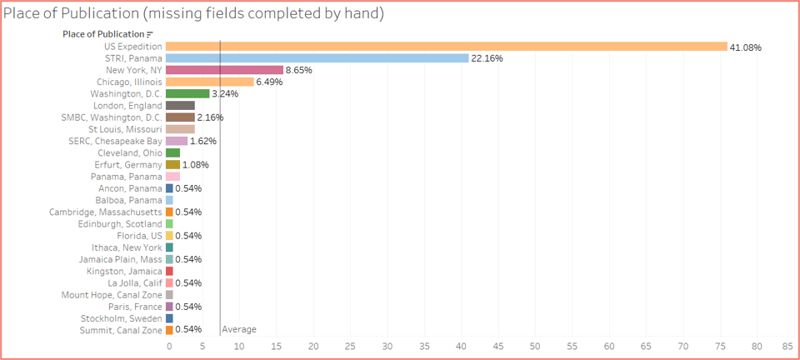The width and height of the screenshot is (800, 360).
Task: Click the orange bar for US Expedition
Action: [x=446, y=47]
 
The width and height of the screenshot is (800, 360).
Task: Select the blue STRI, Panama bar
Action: [x=317, y=58]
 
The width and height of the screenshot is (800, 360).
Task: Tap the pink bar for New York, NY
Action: [x=224, y=70]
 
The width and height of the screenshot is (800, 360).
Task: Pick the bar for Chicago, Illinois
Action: [x=209, y=82]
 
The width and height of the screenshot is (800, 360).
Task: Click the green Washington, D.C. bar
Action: [x=187, y=94]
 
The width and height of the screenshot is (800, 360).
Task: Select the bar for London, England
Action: [x=180, y=106]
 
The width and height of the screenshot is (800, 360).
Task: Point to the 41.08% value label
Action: [x=746, y=47]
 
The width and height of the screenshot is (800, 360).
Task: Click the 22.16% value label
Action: [x=487, y=58]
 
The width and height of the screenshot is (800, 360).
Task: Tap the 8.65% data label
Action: [x=298, y=71]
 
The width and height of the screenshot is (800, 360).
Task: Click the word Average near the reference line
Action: [x=239, y=330]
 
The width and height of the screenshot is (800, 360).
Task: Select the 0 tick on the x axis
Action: [x=169, y=345]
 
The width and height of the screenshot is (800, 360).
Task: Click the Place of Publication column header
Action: [x=103, y=34]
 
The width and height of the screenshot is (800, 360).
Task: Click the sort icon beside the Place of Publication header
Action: [x=149, y=34]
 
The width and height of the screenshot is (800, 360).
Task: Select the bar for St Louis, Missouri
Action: [x=180, y=129]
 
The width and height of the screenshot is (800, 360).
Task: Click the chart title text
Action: [x=193, y=14]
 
